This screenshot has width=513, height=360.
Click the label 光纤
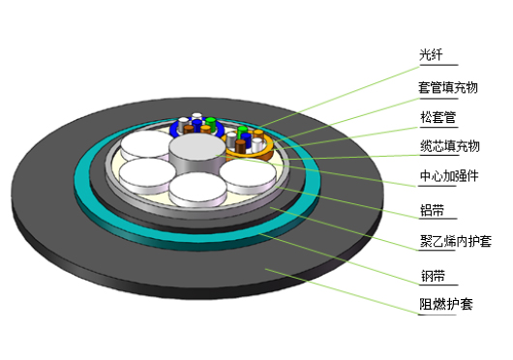tap(431, 54)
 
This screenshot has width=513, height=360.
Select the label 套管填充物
tap(448, 87)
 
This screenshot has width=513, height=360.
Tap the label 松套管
tap(438, 117)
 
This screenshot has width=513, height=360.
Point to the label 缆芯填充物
tap(450, 146)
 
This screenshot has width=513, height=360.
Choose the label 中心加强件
tap(449, 176)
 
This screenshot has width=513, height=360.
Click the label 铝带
tap(433, 210)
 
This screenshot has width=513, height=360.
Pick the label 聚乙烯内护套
tap(456, 241)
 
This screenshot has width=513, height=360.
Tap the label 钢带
tap(433, 276)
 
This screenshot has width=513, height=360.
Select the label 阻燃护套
tap(446, 304)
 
